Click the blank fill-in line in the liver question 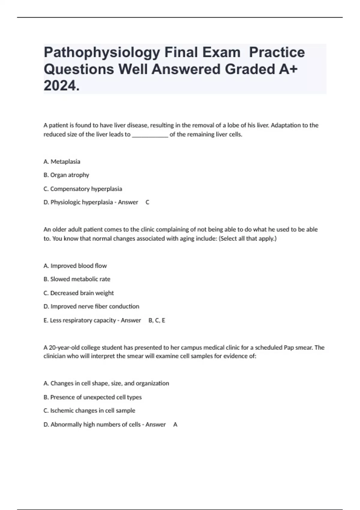[150, 135]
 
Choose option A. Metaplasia [62, 162]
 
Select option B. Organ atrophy [66, 175]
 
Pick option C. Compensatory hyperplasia [83, 189]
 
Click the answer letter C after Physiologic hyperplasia [147, 202]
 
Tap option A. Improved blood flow [75, 266]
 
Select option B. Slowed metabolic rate [77, 279]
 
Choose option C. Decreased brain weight [79, 293]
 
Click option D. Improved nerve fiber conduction [91, 307]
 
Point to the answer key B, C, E [157, 320]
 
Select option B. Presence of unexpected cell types [92, 397]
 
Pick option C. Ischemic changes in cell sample [89, 411]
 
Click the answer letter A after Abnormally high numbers [175, 425]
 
